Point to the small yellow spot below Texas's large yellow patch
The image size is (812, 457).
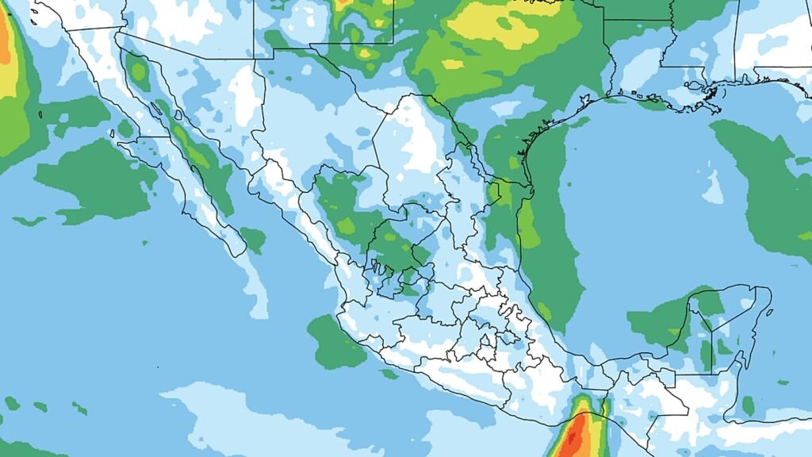[453, 64]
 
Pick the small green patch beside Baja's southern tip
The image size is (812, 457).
[253, 239]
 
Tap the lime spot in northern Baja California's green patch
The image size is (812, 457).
[140, 73]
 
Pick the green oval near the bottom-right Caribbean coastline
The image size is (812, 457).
[749, 406]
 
